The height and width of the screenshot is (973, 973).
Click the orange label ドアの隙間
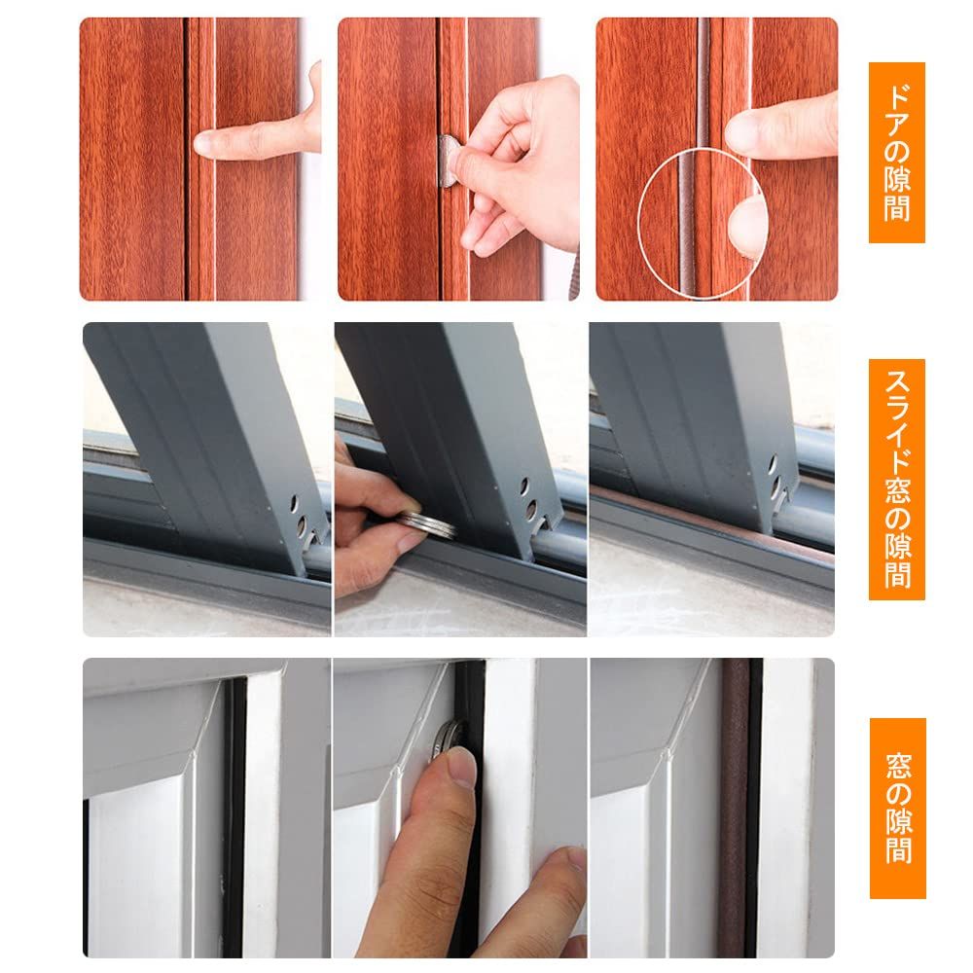(897, 152)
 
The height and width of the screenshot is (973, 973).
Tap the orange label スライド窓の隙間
(897, 479)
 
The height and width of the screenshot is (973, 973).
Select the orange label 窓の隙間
(897, 808)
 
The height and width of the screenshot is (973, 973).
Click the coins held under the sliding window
(427, 523)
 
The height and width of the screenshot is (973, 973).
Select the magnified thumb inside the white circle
(747, 225)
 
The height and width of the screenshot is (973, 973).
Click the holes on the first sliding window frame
(299, 514)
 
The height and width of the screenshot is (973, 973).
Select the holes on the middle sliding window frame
(528, 499)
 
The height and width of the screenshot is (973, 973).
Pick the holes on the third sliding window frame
(774, 477)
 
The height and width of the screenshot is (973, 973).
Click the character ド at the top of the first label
(897, 95)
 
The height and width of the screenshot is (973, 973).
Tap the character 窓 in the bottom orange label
(898, 766)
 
